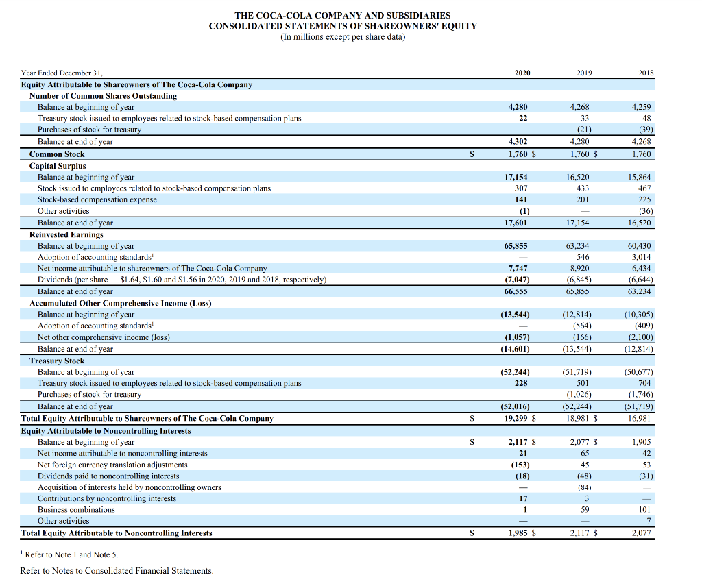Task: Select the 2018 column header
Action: pos(646,73)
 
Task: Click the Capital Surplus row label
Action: pos(58,166)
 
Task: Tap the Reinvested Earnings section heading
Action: pos(66,234)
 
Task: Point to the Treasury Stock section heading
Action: pos(57,361)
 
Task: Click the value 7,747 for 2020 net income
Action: pos(518,269)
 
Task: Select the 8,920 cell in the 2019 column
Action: pos(580,269)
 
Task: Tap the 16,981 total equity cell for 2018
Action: pos(642,418)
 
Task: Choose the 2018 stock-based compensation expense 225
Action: pos(645,199)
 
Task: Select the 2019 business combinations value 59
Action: pos(584,510)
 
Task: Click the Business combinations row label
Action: pos(76,510)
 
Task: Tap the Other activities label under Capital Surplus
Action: pos(63,211)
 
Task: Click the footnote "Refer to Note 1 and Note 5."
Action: pos(66,554)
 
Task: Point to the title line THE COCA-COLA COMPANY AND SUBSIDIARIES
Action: pos(343,15)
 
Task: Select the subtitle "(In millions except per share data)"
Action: pos(343,37)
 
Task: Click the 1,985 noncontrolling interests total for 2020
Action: pos(518,533)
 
